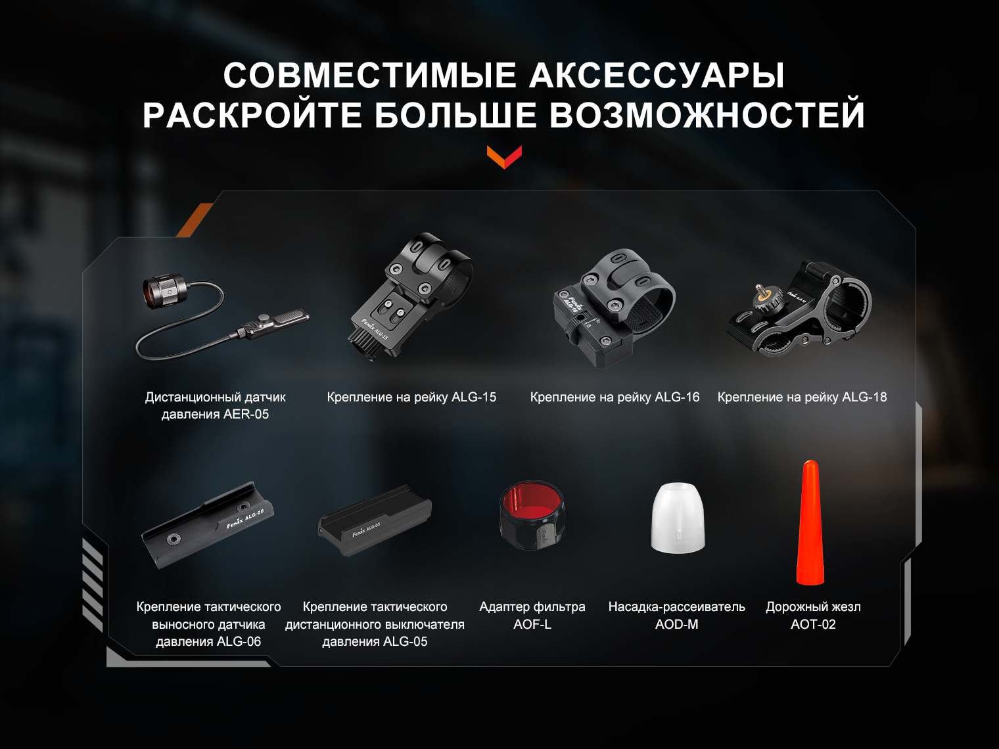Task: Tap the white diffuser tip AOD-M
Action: [678, 517]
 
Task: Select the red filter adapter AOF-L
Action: [532, 515]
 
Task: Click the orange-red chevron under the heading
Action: [504, 157]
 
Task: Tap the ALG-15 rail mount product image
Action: [412, 296]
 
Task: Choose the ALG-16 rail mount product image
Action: [614, 307]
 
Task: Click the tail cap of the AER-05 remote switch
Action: [165, 290]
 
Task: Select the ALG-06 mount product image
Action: [208, 525]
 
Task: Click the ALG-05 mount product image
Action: [375, 521]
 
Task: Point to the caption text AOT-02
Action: [813, 624]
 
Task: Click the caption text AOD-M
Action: [676, 624]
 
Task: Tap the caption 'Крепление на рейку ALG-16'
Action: [615, 397]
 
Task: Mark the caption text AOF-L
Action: [532, 624]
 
